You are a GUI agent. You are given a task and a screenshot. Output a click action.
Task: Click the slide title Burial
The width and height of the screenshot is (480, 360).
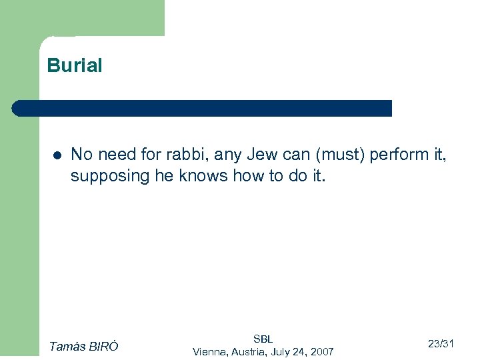click(75, 66)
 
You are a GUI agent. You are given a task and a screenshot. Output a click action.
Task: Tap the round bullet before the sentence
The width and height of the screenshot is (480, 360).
click(57, 155)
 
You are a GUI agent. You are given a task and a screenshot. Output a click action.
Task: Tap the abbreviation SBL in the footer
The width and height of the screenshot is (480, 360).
click(263, 339)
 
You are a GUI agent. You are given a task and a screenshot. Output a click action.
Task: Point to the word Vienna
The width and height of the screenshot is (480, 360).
click(209, 351)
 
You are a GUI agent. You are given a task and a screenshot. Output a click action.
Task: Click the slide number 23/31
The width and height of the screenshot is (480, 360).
click(441, 344)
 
